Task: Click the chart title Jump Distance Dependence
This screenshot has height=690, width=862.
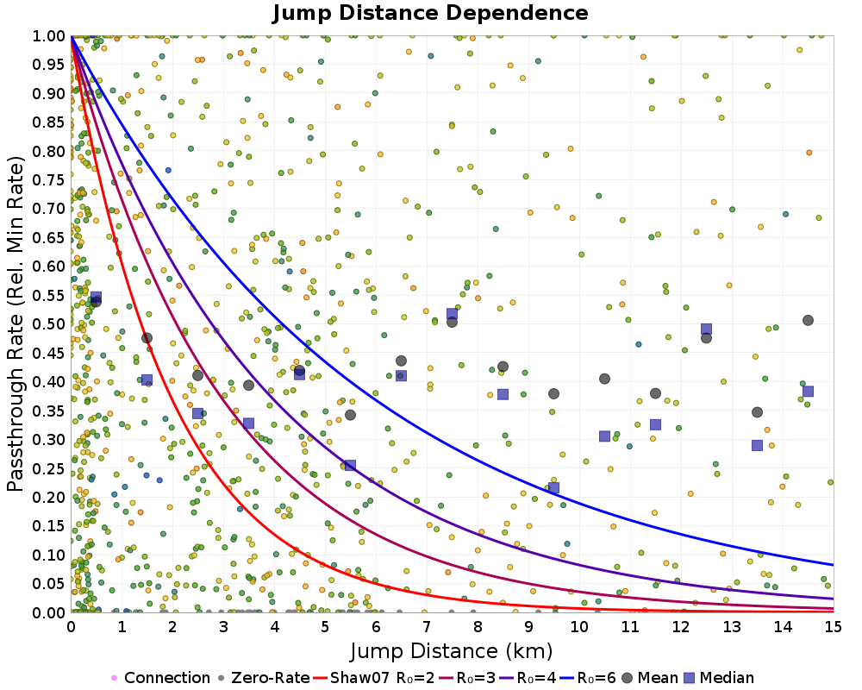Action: pyautogui.click(x=431, y=13)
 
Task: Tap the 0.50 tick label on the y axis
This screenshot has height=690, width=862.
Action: pyautogui.click(x=50, y=323)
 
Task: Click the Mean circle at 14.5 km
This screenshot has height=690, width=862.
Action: pyautogui.click(x=808, y=320)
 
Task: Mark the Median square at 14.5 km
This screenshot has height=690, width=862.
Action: pyautogui.click(x=808, y=391)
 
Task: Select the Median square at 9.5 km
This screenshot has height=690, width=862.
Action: pyautogui.click(x=553, y=487)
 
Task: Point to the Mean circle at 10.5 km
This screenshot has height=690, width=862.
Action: pyautogui.click(x=604, y=379)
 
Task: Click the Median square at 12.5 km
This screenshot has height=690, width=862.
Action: pyautogui.click(x=706, y=329)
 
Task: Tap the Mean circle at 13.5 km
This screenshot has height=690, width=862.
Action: pyautogui.click(x=757, y=412)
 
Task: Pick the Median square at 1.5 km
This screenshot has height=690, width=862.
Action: pyautogui.click(x=147, y=379)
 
